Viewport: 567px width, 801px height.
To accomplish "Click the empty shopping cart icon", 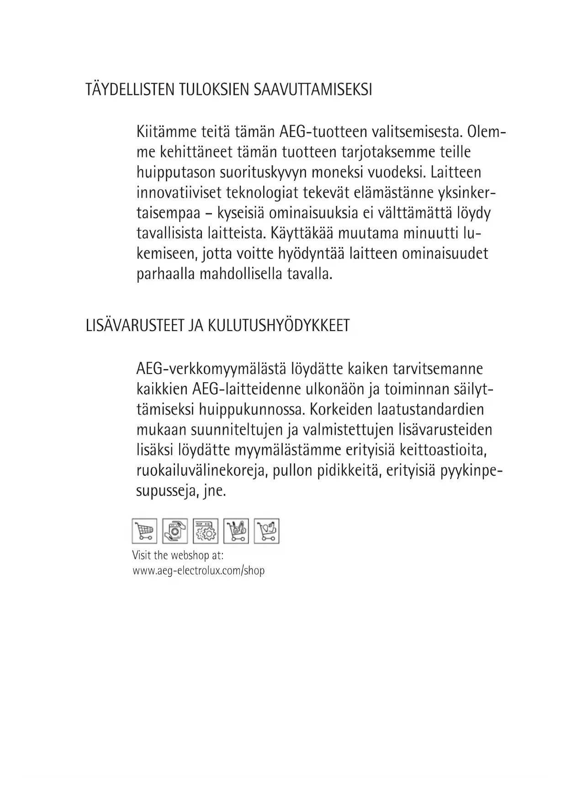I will pyautogui.click(x=144, y=531).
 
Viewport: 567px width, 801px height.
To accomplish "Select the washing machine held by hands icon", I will pyautogui.click(x=175, y=531).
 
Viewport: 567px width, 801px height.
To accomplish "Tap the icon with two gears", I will pyautogui.click(x=205, y=531).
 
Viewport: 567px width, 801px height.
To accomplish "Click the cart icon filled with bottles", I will pyautogui.click(x=236, y=531).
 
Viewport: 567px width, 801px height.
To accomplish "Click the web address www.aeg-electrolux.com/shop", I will pyautogui.click(x=198, y=570).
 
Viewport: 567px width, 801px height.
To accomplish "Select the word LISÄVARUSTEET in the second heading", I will pyautogui.click(x=135, y=326).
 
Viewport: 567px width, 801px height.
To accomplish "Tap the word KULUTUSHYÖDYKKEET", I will pyautogui.click(x=279, y=326).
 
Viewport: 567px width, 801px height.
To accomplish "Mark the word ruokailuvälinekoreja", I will pyautogui.click(x=201, y=471).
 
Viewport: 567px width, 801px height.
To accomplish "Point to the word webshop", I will pyautogui.click(x=188, y=556).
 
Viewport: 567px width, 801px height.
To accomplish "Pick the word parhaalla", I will pyautogui.click(x=165, y=275).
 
